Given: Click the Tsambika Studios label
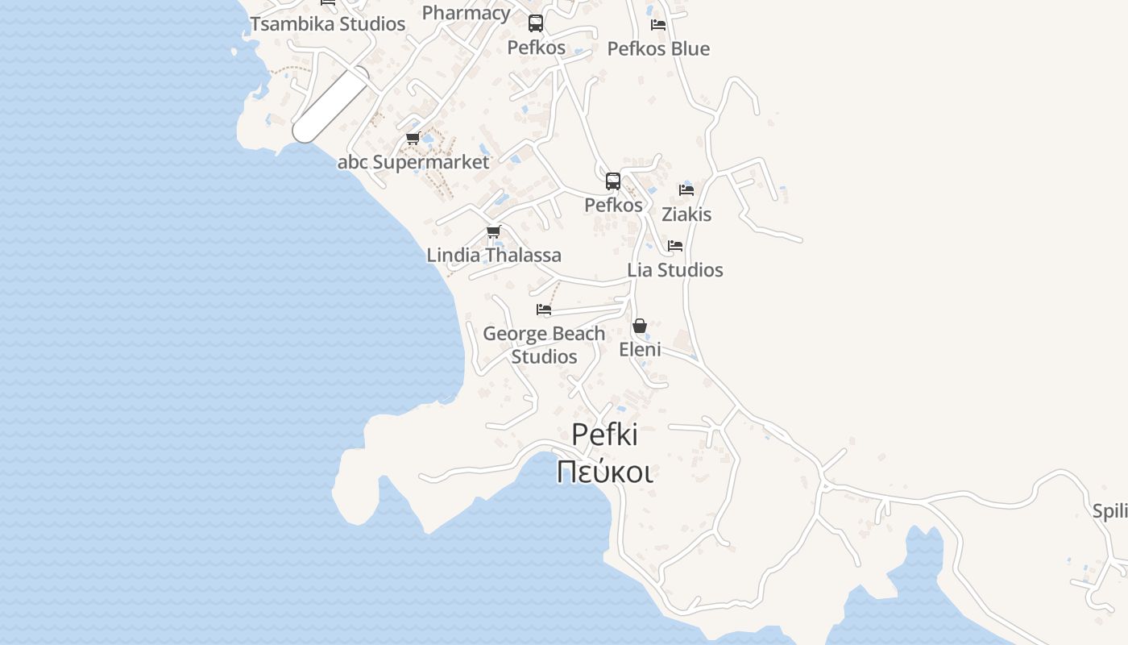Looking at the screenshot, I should coord(327,23).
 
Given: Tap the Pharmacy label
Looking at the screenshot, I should coord(466,12).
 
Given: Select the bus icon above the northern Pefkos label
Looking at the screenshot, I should coord(536,23).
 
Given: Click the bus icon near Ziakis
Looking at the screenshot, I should coord(613,181).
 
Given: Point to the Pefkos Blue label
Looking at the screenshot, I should coord(658,48).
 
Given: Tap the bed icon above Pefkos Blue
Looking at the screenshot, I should coord(658,24).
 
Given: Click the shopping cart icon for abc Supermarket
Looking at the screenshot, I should coord(413,139).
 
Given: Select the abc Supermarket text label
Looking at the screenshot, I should coord(413,162).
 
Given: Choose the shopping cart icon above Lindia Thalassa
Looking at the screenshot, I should coord(494,232).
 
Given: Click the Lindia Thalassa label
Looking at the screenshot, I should coord(494,255).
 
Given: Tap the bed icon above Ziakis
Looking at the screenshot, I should coord(686,190).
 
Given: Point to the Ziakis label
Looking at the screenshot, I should coord(686,214).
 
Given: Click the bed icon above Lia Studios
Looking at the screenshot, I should coord(675,246).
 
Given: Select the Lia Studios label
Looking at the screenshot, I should coord(675,269).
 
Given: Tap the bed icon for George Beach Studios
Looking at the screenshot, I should coord(544,310).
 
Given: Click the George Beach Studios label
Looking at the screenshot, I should coord(544,344).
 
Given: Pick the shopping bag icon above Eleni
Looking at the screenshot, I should coord(640,326).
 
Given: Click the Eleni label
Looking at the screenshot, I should coord(640,349).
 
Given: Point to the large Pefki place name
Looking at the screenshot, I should coord(604,435).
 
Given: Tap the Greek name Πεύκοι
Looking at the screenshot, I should coord(604,471).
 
